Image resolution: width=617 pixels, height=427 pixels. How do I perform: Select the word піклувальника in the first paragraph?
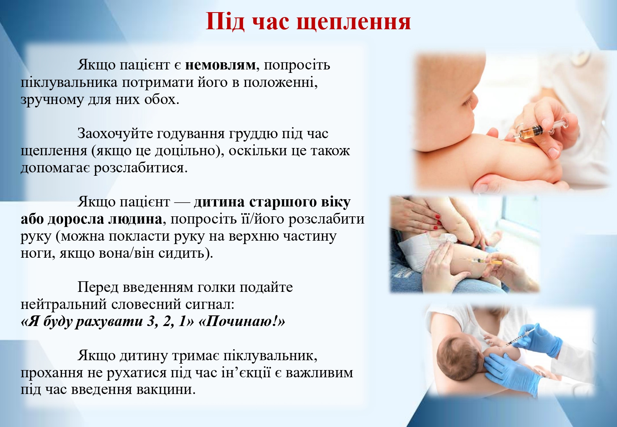pos(69,83)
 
